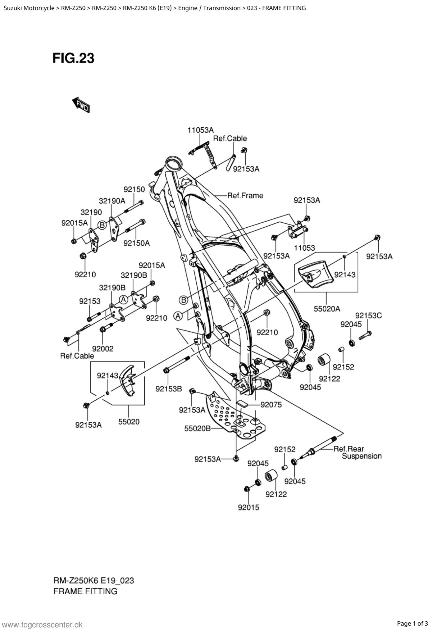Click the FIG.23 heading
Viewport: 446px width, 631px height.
coord(73,58)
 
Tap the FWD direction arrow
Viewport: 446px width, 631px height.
coord(81,105)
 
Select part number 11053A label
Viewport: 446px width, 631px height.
coord(200,130)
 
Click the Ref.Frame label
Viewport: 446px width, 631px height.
coord(245,195)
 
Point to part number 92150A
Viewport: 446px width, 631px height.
coord(136,243)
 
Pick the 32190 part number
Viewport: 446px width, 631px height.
coord(91,212)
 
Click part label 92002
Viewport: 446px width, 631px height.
coord(103,349)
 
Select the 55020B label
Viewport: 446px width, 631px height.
coord(197,428)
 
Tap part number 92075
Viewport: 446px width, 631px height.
coord(271,405)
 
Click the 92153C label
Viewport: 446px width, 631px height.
coord(368,315)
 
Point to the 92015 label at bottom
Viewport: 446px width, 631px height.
coord(248,508)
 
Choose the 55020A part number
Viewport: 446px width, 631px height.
coord(327,308)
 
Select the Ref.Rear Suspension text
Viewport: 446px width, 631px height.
coord(358,453)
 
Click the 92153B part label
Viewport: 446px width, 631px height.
coord(169,389)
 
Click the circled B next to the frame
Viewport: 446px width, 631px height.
coord(183,300)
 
